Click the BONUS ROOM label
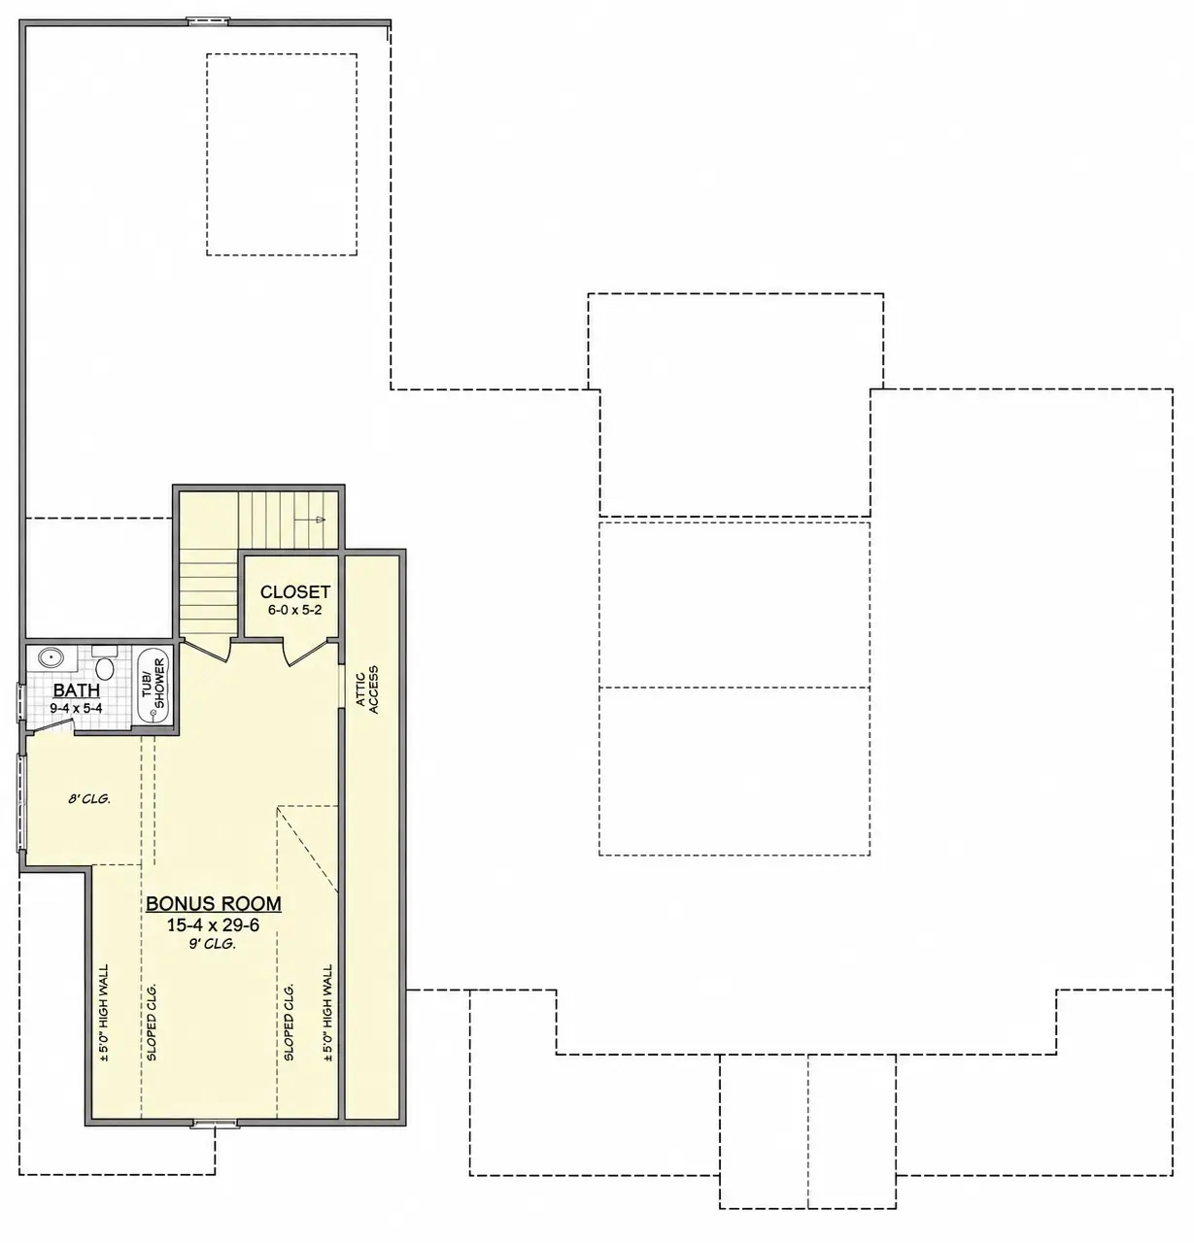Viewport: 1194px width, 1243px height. [x=214, y=903]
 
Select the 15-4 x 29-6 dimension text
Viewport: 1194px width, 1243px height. [x=214, y=924]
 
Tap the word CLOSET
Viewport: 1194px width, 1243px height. [x=294, y=592]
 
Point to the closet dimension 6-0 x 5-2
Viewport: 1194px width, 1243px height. [x=294, y=610]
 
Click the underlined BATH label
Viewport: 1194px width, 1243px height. [x=76, y=690]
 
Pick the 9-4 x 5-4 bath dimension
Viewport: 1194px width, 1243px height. [x=76, y=708]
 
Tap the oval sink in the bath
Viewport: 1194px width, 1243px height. [x=50, y=657]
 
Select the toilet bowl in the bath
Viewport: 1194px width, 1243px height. [x=104, y=669]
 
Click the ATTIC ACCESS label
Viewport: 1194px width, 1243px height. [x=367, y=689]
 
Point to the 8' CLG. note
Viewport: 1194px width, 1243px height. [x=89, y=798]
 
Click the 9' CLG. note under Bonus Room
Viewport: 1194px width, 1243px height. [x=212, y=944]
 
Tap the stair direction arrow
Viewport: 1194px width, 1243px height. [x=310, y=520]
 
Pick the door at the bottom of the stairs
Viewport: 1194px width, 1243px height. [x=206, y=650]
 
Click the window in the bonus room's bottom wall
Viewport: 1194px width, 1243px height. [x=215, y=1124]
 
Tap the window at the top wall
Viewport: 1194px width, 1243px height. [x=208, y=21]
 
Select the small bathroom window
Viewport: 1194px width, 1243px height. [x=20, y=703]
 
